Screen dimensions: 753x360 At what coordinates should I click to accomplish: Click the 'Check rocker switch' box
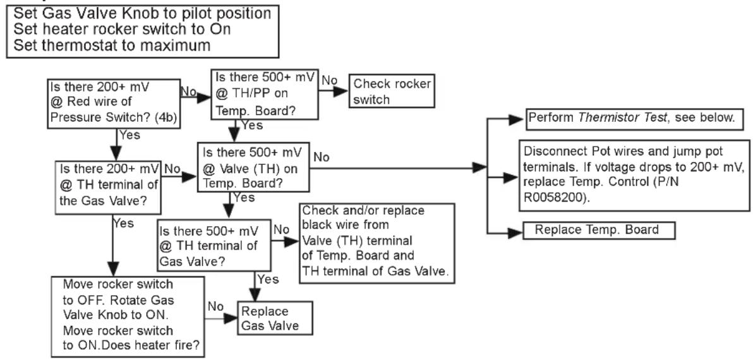392,91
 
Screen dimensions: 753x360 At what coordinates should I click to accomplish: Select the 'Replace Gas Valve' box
275,318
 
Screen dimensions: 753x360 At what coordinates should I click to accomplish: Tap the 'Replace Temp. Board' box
598,230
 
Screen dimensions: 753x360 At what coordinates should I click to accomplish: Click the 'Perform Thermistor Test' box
634,118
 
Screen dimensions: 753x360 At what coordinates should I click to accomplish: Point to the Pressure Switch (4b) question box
114,104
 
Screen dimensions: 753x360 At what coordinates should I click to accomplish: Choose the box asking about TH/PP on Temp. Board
265,95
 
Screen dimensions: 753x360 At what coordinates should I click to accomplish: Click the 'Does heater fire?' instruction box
129,315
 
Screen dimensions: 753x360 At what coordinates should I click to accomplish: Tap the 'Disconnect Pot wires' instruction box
634,175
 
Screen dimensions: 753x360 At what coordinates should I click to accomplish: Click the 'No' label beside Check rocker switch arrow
330,81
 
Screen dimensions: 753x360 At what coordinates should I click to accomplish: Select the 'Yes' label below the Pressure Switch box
129,135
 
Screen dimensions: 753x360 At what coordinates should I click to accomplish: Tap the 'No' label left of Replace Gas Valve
216,306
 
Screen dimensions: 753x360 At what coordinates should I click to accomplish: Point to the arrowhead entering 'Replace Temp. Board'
515,233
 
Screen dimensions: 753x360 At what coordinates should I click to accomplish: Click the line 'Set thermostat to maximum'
112,45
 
